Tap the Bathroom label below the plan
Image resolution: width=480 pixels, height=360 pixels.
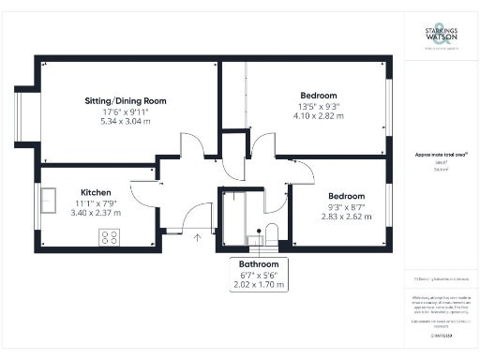click(258, 265)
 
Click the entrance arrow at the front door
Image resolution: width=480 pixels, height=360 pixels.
click(197, 238)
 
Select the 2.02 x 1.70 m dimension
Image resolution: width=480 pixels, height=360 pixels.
click(258, 284)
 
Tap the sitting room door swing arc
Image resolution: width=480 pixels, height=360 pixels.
click(190, 148)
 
